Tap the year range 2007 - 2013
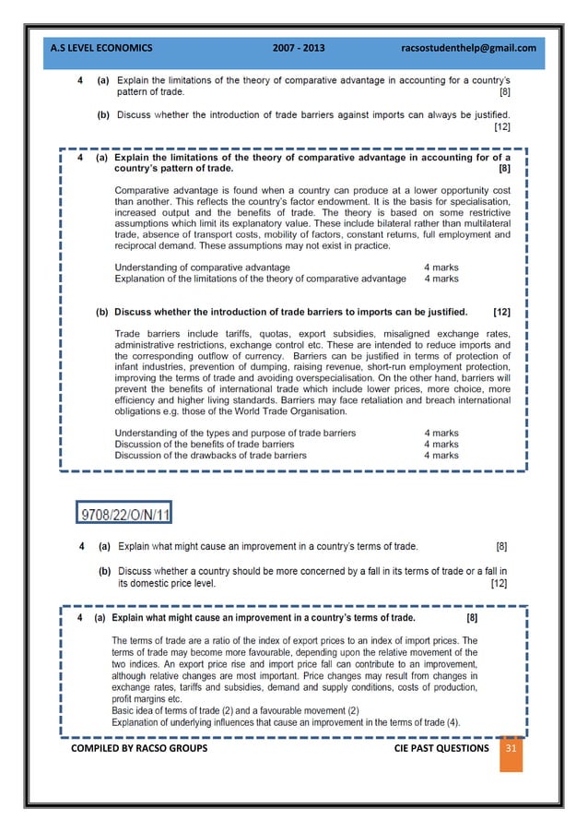pyautogui.click(x=299, y=48)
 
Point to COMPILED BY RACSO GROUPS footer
pyautogui.click(x=138, y=748)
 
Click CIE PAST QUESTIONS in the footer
pyautogui.click(x=441, y=748)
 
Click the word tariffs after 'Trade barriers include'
pyautogui.click(x=229, y=334)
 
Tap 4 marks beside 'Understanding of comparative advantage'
pyautogui.click(x=441, y=267)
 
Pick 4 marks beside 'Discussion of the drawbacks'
pyautogui.click(x=441, y=455)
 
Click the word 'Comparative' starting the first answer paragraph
pyautogui.click(x=142, y=190)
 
